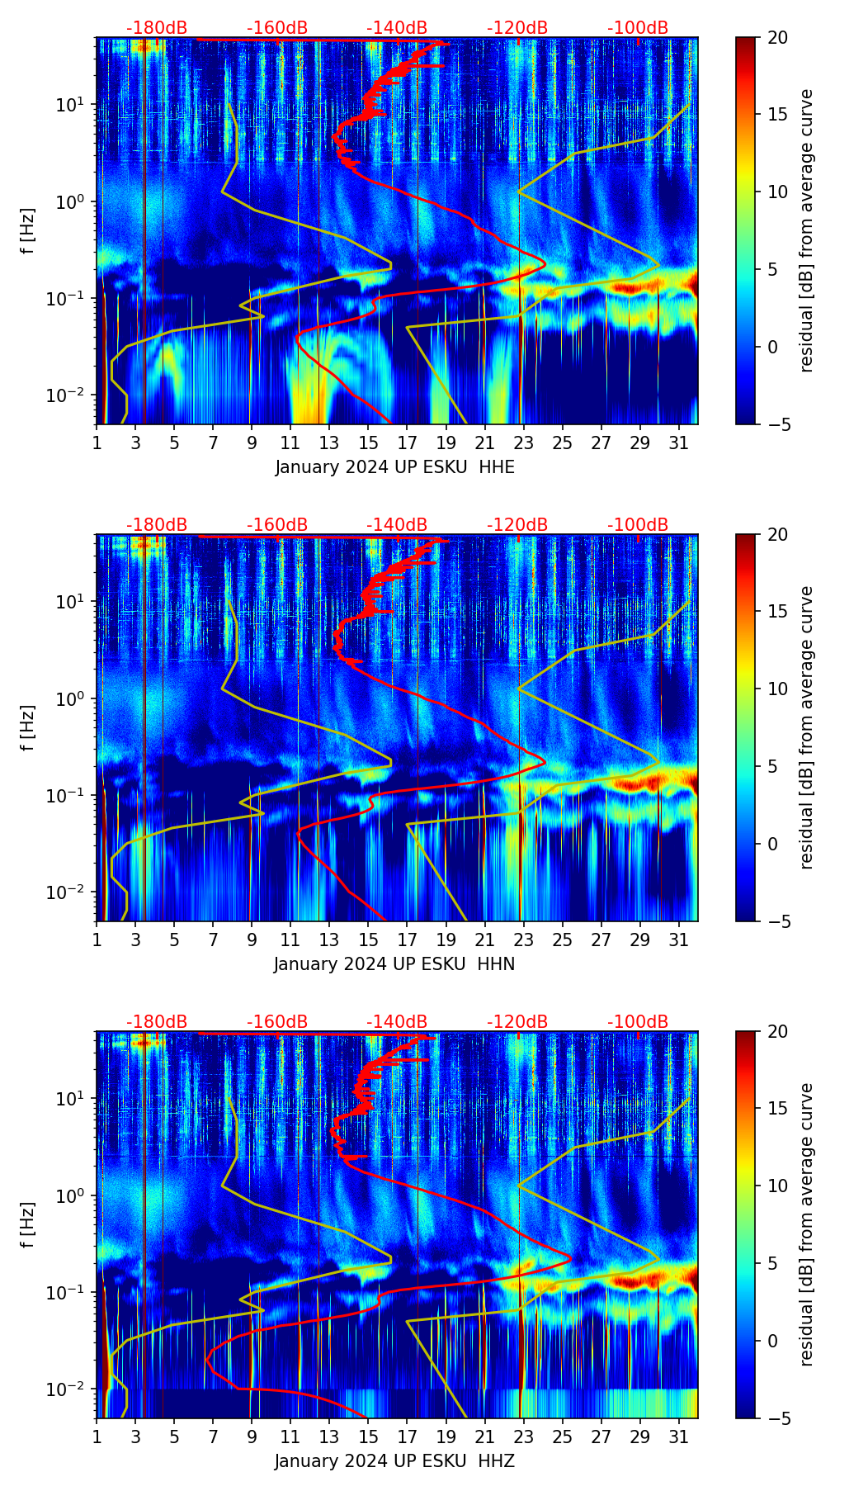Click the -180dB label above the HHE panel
(157, 28)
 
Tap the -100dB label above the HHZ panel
(638, 1022)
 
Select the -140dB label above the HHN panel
(397, 525)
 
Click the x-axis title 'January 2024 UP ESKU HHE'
(394, 467)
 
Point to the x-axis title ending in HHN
(394, 964)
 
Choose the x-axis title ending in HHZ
(394, 1461)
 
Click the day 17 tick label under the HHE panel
(407, 444)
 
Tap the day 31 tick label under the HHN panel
(678, 941)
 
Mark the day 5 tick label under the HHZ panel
(174, 1438)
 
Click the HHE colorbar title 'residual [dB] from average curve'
(806, 230)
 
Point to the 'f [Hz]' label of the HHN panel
(27, 727)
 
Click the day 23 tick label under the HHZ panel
(523, 1438)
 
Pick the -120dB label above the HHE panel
(517, 28)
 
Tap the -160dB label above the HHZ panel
(277, 1022)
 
